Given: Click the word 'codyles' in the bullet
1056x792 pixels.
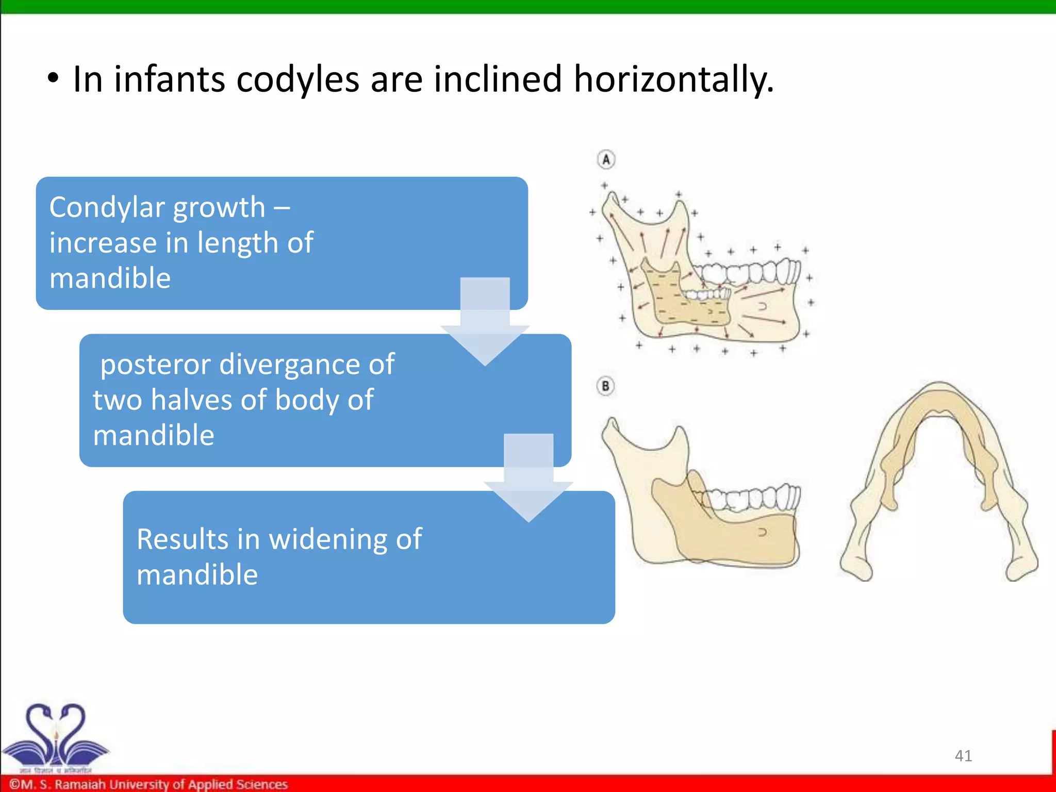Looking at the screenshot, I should pos(298,80).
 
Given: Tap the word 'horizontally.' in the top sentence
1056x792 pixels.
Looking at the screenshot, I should pos(673,80).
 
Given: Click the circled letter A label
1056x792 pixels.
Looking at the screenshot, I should pos(606,159).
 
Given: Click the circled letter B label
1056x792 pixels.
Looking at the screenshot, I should pos(606,386).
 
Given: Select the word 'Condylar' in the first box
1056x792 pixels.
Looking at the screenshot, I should pos(107,208).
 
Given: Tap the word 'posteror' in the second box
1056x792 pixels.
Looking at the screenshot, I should pos(155,365).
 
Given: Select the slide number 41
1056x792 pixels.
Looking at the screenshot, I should pos(963,755).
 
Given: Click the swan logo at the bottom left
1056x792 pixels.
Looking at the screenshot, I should pos(55,735).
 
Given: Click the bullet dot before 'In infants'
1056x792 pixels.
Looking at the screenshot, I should pos(53,79).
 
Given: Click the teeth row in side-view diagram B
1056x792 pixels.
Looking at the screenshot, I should pos(748,498).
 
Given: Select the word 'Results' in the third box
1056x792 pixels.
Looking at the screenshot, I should pos(182,539).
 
